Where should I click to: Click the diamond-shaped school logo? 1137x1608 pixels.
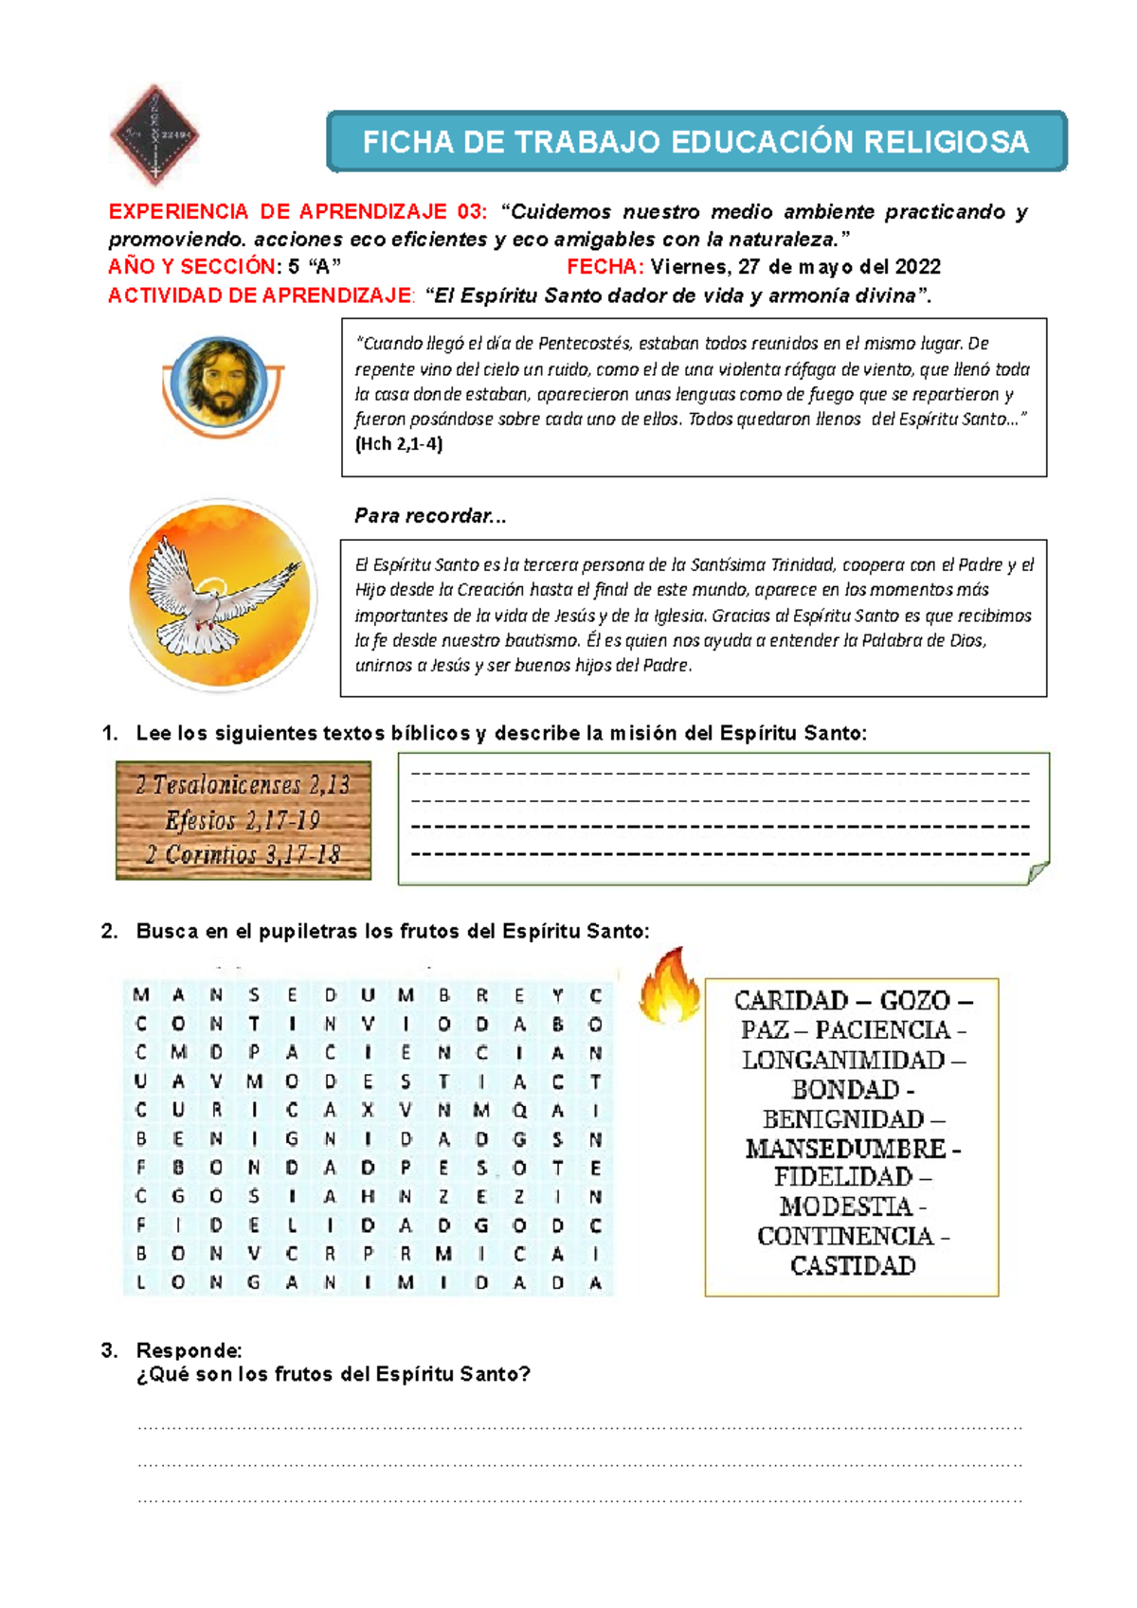pos(154,134)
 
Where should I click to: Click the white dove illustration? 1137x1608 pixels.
pos(221,595)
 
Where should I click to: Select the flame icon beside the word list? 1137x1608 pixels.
pos(668,987)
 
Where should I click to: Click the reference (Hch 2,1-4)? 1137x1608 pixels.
pos(398,444)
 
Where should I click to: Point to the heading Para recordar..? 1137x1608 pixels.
pos(429,516)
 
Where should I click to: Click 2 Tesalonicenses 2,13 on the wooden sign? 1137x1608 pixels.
pos(243,785)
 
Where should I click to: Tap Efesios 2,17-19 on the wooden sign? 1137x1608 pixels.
pos(243,820)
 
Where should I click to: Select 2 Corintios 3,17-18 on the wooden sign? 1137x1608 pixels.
pos(243,855)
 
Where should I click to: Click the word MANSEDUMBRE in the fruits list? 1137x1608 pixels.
pos(845,1149)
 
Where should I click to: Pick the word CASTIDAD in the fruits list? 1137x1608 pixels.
pos(853,1266)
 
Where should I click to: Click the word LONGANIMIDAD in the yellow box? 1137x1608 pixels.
pos(843,1060)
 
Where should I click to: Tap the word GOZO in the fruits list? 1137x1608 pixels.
pos(914,1001)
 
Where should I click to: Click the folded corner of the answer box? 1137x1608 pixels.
pos(1038,871)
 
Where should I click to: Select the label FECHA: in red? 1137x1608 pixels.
pos(605,267)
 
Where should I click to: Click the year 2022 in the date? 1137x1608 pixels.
pos(917,267)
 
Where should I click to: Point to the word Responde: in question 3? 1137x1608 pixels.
pos(189,1349)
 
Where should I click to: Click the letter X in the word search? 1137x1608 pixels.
pos(368,1110)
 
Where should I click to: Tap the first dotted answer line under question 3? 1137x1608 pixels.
pos(580,1426)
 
